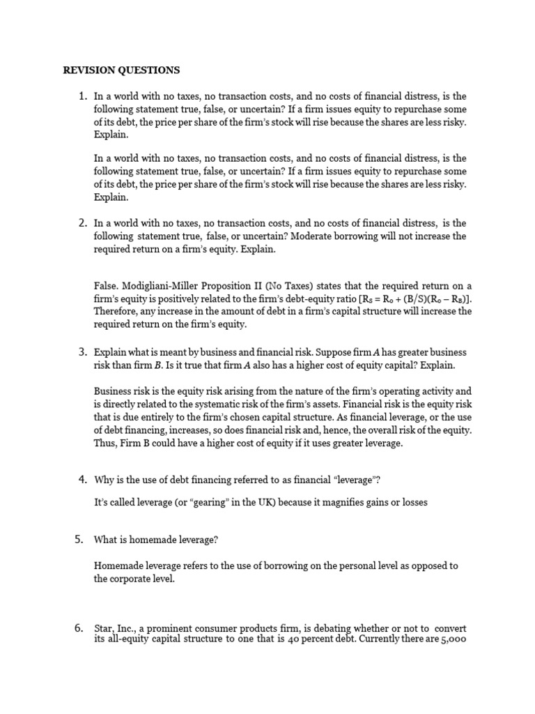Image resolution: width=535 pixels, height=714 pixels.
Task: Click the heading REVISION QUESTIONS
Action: (121, 70)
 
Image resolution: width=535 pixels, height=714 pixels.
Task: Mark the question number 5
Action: (81, 539)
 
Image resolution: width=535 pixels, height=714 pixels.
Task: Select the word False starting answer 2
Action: (105, 287)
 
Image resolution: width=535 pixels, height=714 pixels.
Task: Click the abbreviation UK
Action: (283, 502)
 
